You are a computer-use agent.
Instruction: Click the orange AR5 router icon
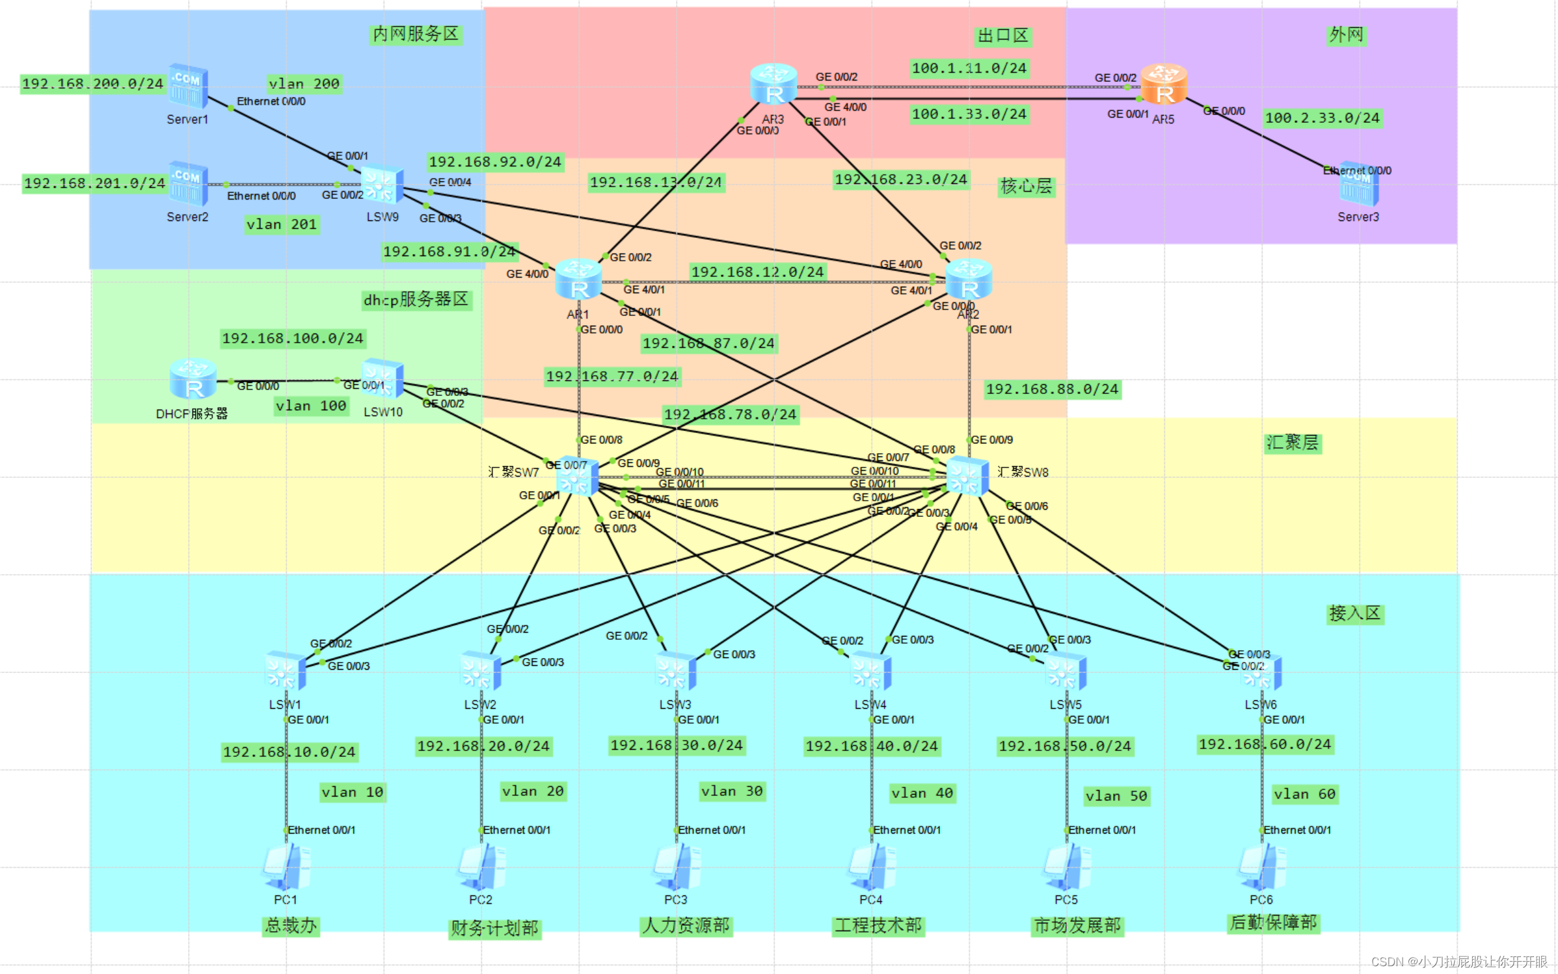1164,84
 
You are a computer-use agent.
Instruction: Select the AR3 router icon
773,84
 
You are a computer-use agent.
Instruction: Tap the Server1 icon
188,86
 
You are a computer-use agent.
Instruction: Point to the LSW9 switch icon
382,185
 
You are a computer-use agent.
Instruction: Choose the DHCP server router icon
193,378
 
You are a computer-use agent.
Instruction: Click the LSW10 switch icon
383,378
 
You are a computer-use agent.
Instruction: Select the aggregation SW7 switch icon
577,477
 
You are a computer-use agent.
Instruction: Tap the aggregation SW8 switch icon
967,477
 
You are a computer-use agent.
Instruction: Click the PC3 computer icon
677,867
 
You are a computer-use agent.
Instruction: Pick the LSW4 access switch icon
870,672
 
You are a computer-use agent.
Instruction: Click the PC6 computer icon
1262,867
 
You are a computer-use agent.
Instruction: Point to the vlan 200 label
304,84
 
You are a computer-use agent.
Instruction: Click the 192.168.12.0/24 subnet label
757,272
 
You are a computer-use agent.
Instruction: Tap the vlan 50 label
1116,796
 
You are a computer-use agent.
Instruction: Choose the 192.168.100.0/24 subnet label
293,338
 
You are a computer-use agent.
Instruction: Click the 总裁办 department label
290,925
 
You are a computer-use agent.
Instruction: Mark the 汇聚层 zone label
1292,443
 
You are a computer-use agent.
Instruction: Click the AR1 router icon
578,280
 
